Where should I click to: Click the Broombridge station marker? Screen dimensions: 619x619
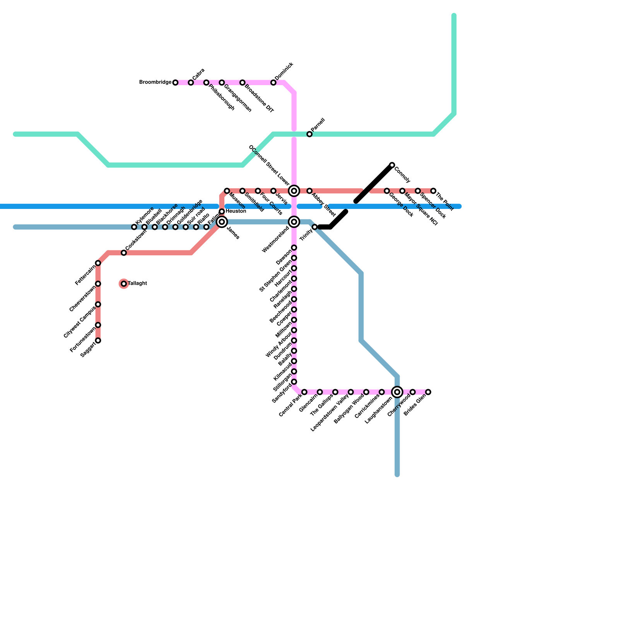(175, 83)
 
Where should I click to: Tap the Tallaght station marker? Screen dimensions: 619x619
(124, 284)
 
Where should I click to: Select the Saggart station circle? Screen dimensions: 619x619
(98, 340)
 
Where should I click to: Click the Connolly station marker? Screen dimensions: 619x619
(392, 165)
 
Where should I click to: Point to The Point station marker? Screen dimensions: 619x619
(433, 191)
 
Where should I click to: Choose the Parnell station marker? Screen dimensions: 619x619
(309, 134)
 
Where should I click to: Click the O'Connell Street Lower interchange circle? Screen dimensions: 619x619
(294, 191)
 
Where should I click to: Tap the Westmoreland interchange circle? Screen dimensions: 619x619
(294, 222)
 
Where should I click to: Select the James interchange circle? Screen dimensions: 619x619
(222, 222)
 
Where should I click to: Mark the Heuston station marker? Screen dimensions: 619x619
(222, 212)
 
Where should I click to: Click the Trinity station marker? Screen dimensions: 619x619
(315, 227)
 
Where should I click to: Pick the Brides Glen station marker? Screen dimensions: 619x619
(428, 392)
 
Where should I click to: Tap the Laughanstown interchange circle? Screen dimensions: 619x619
(397, 392)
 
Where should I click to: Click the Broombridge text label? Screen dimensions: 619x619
(155, 82)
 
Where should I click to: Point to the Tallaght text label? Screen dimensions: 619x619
(137, 284)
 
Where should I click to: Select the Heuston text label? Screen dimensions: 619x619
(236, 211)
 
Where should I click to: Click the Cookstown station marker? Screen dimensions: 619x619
(124, 253)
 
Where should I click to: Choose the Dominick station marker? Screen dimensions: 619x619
(274, 83)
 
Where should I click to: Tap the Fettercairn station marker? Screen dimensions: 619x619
(98, 263)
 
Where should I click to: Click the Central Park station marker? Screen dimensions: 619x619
(304, 392)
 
